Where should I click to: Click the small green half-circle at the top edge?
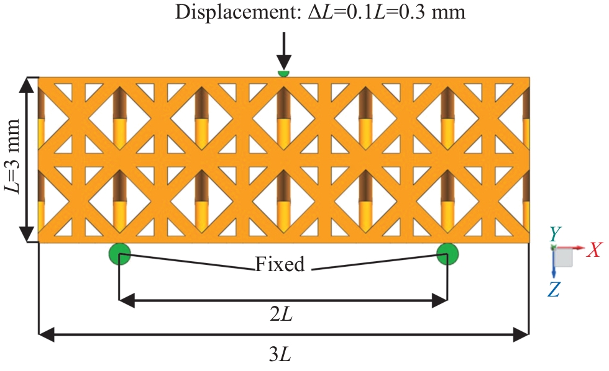click(x=283, y=74)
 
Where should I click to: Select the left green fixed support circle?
click(x=119, y=253)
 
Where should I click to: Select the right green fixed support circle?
click(x=447, y=253)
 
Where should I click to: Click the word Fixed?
click(x=280, y=266)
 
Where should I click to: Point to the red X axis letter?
click(x=595, y=250)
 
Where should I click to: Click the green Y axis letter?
click(x=555, y=234)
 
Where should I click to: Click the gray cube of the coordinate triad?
click(x=563, y=257)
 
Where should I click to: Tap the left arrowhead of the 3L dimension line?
click(x=45, y=336)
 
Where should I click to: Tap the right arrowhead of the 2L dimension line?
click(x=441, y=302)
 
